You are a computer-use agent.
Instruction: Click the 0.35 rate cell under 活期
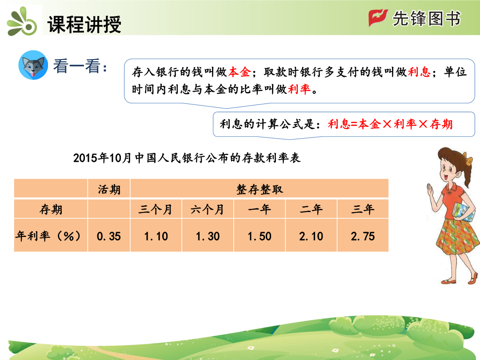pos(109,236)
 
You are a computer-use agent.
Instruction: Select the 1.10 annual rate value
pos(156,236)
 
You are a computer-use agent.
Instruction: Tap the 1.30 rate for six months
pos(208,236)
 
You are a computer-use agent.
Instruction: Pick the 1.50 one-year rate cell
pos(260,236)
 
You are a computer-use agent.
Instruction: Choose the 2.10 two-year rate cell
pos(311,236)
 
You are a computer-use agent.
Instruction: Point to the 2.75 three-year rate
pos(363,236)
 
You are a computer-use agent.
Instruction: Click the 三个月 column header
pos(155,210)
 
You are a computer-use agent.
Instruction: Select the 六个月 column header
pos(207,210)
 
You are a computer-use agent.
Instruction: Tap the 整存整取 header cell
pos(260,189)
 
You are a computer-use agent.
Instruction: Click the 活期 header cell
pos(109,189)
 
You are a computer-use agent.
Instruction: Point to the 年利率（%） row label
pos(49,236)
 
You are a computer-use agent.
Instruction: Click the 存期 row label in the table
pos(51,210)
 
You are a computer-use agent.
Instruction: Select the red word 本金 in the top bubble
pos(240,72)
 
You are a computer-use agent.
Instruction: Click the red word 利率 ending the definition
pos(300,89)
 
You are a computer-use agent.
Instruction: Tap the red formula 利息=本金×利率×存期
pos(390,124)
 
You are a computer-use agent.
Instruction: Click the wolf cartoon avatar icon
pos(33,65)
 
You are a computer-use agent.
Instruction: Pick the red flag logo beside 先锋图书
pos(378,17)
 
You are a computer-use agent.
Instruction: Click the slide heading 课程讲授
pos(84,24)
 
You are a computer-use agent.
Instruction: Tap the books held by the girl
pos(464,212)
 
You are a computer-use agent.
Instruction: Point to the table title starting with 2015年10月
pos(187,158)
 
